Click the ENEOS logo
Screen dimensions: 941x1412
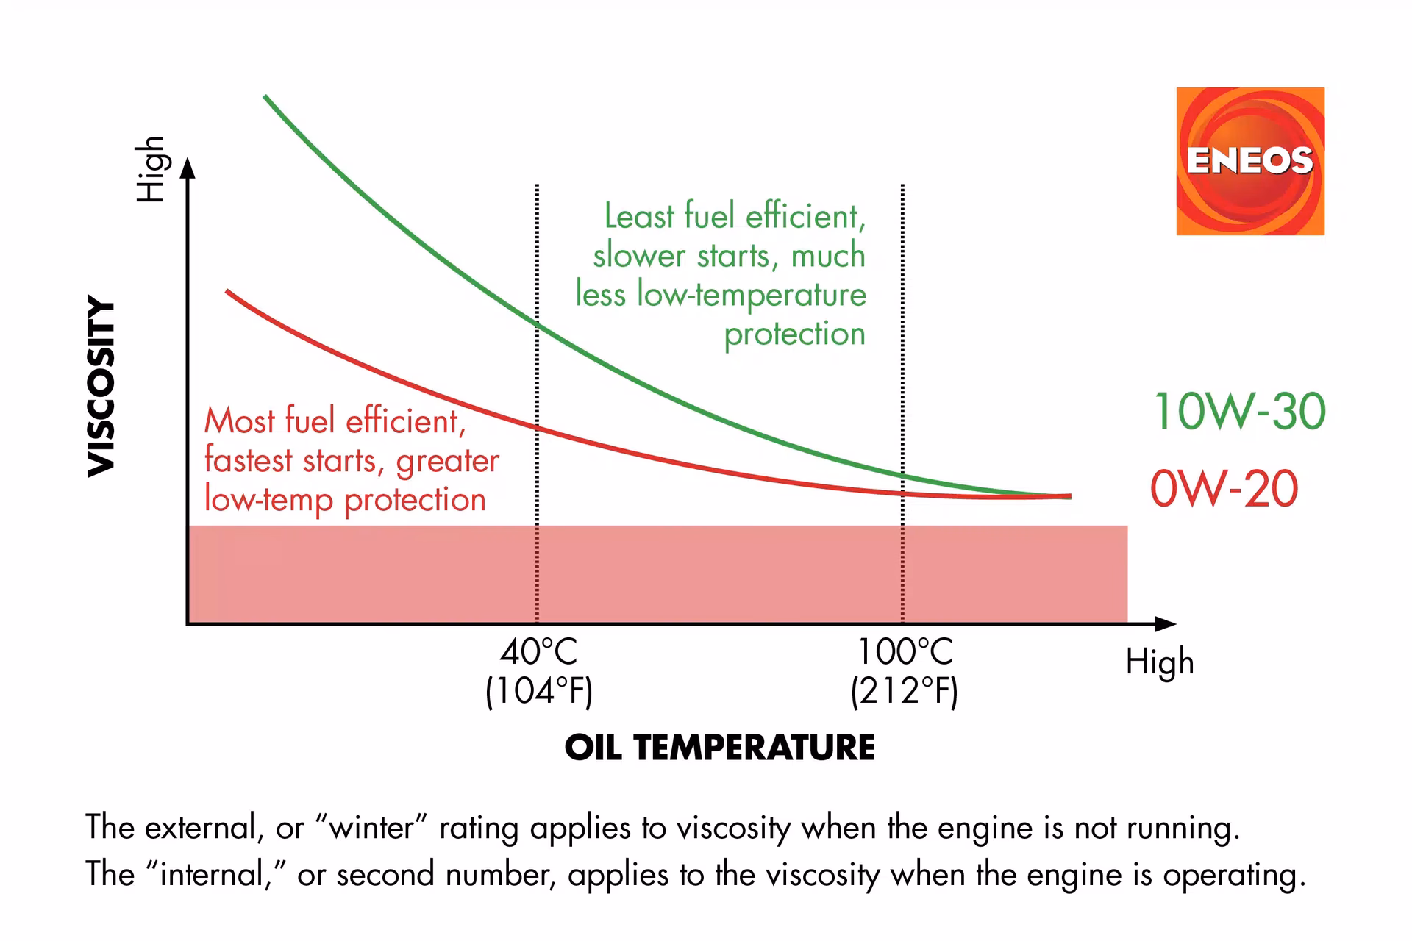(1249, 161)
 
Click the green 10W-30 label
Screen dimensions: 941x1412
(1239, 412)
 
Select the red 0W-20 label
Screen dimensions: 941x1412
(1224, 489)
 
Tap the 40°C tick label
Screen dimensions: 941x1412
(538, 652)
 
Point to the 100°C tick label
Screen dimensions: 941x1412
(905, 652)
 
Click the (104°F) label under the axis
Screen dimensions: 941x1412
(538, 691)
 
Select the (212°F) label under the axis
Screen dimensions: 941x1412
(905, 691)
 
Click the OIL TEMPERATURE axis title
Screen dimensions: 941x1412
(719, 748)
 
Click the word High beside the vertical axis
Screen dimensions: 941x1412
(150, 169)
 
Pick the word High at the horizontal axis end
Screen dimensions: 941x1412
(1159, 662)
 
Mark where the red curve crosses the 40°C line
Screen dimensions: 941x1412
(537, 427)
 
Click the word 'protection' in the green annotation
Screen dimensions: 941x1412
(794, 334)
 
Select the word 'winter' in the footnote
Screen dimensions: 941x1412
(372, 829)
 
